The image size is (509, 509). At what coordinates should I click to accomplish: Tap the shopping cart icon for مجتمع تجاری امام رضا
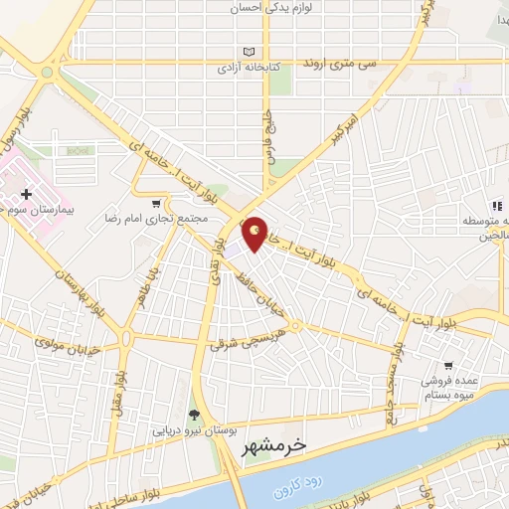click(x=156, y=203)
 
